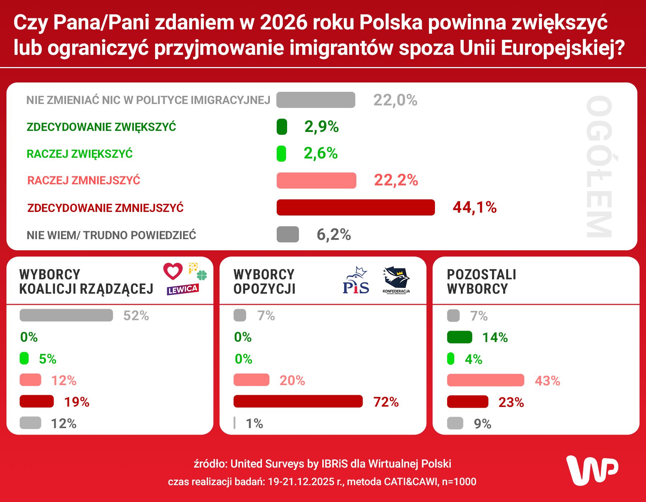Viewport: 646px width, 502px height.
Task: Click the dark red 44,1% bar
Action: coord(355,207)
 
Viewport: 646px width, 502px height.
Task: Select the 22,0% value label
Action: coord(395,100)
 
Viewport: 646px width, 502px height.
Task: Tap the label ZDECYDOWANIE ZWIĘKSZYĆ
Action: coord(101,127)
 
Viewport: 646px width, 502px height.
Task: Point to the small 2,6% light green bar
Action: coord(281,153)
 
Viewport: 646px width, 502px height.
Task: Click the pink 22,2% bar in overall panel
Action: coord(316,180)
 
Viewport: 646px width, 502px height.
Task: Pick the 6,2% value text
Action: coord(333,235)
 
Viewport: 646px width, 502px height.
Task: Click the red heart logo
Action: coord(173,271)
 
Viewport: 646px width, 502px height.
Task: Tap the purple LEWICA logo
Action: coord(183,289)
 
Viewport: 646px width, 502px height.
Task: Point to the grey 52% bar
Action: coord(66,315)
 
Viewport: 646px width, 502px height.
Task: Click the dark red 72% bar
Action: coord(298,401)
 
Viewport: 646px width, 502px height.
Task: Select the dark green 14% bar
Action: coord(459,337)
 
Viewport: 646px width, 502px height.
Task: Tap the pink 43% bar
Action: coord(485,380)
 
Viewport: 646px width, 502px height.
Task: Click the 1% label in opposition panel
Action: coord(254,423)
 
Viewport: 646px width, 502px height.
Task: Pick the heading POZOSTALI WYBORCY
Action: coord(481,281)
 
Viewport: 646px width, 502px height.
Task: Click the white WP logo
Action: coord(592,470)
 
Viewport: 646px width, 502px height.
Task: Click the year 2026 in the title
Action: coord(284,23)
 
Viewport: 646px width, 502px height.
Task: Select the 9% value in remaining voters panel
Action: coord(482,424)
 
